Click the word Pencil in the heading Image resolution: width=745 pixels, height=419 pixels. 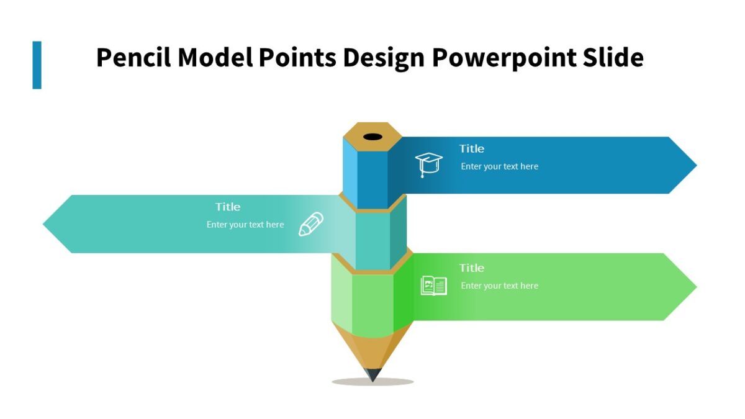pyautogui.click(x=133, y=58)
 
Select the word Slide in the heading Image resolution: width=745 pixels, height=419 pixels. pyautogui.click(x=613, y=58)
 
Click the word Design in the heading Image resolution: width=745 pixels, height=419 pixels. pyautogui.click(x=383, y=58)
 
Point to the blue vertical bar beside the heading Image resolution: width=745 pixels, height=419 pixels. pyautogui.click(x=37, y=65)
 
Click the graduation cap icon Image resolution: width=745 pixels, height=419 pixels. pyautogui.click(x=428, y=164)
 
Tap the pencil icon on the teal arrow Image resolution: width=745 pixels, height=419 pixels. pyautogui.click(x=311, y=224)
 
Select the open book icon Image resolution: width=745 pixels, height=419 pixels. pyautogui.click(x=433, y=286)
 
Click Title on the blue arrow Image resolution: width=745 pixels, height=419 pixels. pyautogui.click(x=471, y=148)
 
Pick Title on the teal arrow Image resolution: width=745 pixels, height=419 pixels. pyautogui.click(x=228, y=207)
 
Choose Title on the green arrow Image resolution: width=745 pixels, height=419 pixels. pyautogui.click(x=471, y=268)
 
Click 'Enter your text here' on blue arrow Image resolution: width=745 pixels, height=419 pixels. pyautogui.click(x=499, y=166)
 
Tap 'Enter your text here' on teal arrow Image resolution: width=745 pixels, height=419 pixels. pyautogui.click(x=245, y=225)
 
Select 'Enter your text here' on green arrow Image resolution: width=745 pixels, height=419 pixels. pyautogui.click(x=499, y=286)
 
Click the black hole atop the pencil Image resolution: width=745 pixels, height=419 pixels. pyautogui.click(x=372, y=137)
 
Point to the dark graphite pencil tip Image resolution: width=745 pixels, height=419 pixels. pyautogui.click(x=372, y=374)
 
